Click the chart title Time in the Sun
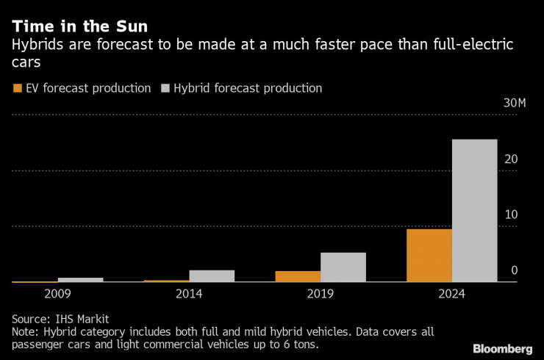(x=79, y=27)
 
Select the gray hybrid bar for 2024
(x=474, y=211)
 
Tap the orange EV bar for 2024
(x=429, y=256)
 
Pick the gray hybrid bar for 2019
(x=343, y=267)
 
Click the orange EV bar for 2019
(x=298, y=276)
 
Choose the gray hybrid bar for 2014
(x=212, y=276)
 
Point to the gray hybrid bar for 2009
(x=80, y=280)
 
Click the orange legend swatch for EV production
(x=18, y=89)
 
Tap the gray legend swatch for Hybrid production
(x=165, y=89)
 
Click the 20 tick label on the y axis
(x=512, y=159)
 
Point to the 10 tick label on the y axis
(x=512, y=215)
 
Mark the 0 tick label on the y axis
(x=515, y=270)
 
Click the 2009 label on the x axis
(x=58, y=294)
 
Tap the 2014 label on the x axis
(x=189, y=294)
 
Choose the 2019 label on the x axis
(x=321, y=294)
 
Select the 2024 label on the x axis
(x=451, y=294)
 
